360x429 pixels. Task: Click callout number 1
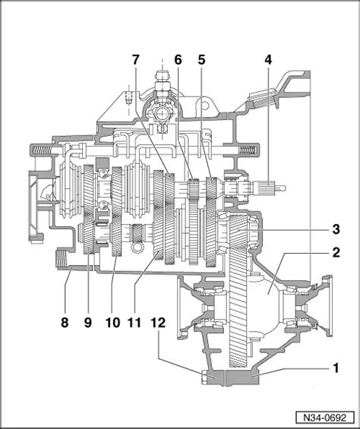(x=336, y=368)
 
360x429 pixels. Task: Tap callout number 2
(x=336, y=253)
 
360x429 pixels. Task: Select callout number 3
(x=336, y=229)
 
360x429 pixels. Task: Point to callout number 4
(x=268, y=60)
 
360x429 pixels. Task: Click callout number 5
(x=201, y=60)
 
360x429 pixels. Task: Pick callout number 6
(x=178, y=60)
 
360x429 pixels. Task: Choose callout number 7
(x=135, y=60)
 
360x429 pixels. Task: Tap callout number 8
(x=65, y=323)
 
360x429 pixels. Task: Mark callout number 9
(x=88, y=323)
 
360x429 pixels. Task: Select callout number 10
(x=113, y=323)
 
